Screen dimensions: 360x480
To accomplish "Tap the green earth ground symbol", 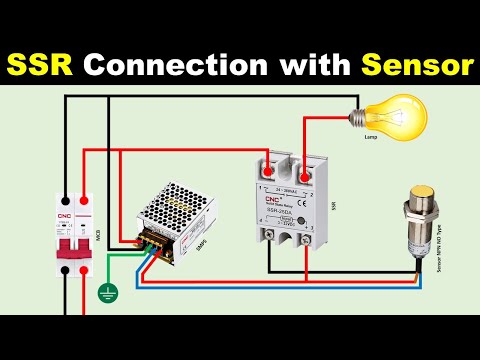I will pyautogui.click(x=105, y=294).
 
